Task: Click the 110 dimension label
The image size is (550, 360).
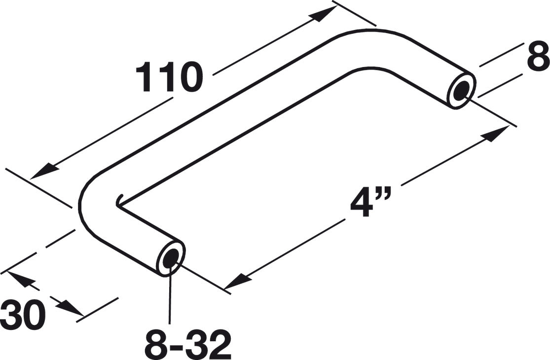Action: click(x=169, y=78)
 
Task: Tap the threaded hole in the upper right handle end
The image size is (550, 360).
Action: click(x=462, y=90)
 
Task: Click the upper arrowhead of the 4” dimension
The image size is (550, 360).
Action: click(x=498, y=132)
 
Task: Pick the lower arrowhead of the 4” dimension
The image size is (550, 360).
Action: click(x=235, y=282)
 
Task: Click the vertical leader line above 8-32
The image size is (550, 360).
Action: click(x=171, y=296)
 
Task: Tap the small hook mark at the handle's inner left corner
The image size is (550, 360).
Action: click(x=119, y=200)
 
